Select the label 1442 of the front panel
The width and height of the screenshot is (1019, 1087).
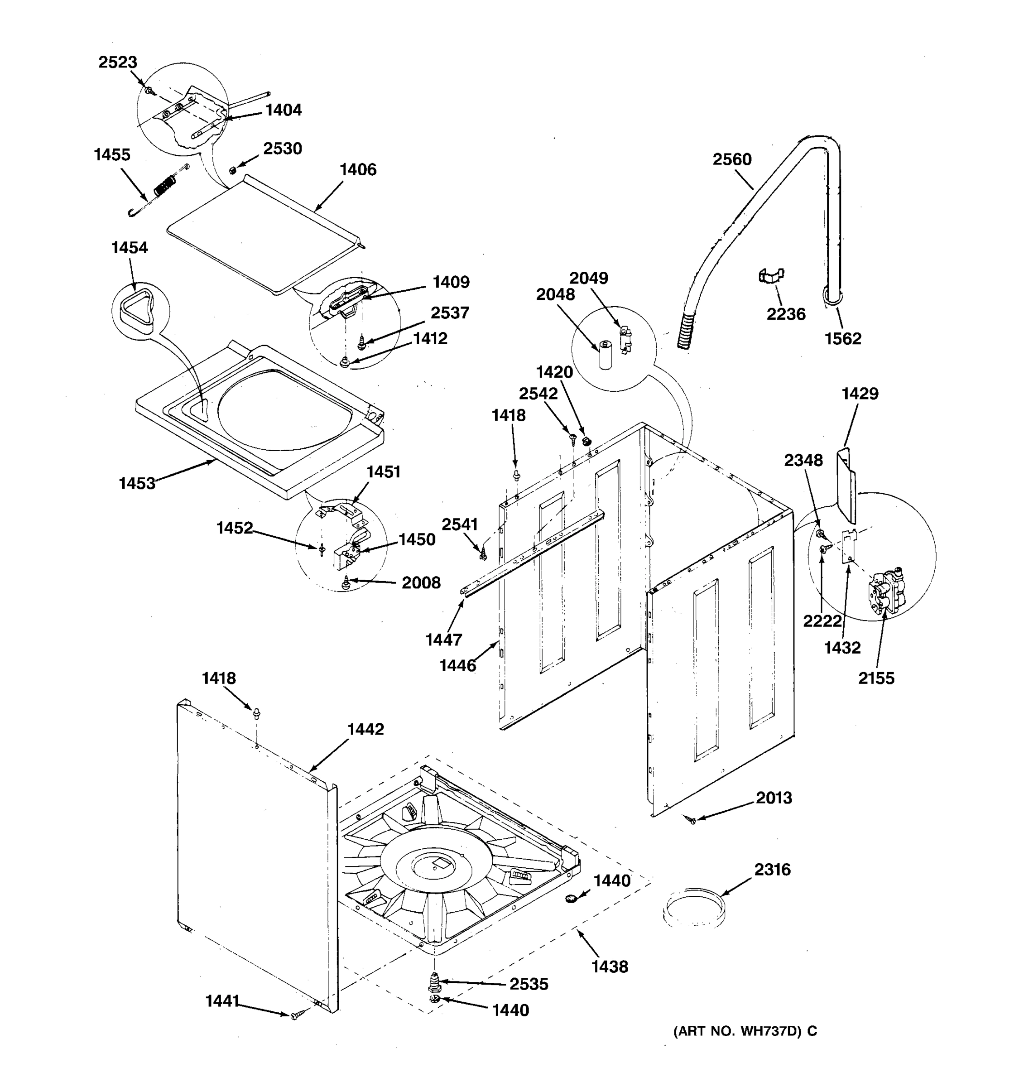365,729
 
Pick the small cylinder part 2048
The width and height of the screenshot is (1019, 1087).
605,354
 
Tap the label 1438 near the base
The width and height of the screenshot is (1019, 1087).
610,967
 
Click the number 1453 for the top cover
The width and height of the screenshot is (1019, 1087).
137,483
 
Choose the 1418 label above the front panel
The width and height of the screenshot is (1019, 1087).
219,678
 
